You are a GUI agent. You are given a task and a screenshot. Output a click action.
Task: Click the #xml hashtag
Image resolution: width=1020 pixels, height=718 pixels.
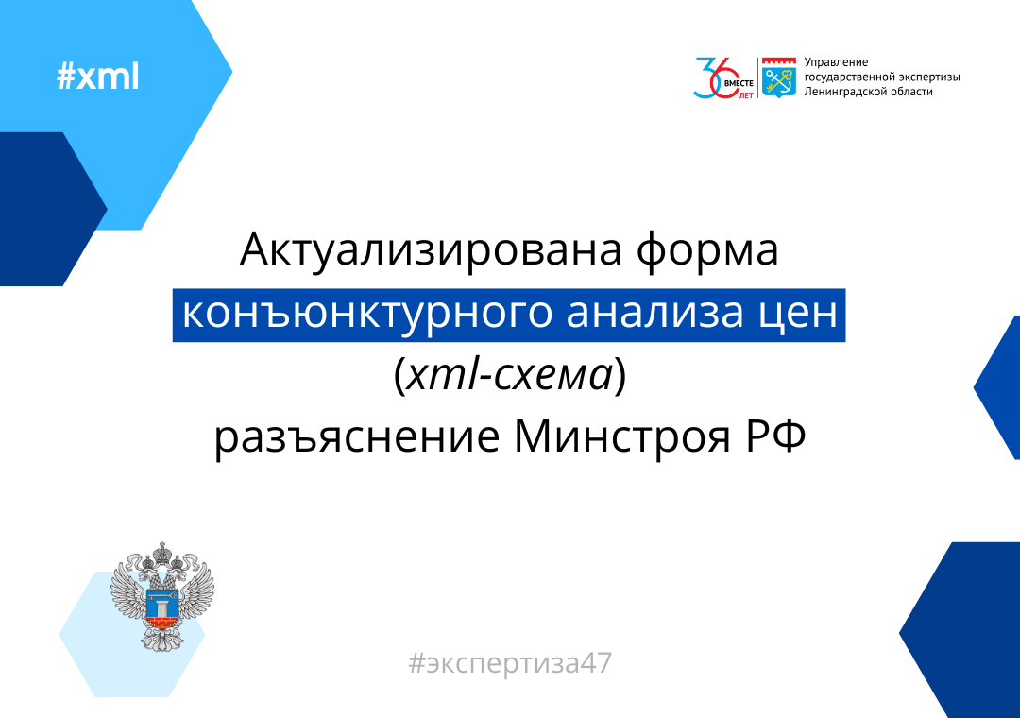coord(97,77)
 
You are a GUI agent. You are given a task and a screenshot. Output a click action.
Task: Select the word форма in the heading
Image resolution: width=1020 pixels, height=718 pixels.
coord(707,250)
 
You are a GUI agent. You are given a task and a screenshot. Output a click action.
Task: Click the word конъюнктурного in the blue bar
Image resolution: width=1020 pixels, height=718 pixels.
coord(365,314)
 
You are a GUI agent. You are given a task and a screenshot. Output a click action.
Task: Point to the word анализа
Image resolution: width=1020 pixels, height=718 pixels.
coord(654,313)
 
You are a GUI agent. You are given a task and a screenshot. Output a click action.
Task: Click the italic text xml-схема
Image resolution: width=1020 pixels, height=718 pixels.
coord(510,376)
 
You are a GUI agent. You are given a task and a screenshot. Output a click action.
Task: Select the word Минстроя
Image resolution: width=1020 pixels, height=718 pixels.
coord(621,437)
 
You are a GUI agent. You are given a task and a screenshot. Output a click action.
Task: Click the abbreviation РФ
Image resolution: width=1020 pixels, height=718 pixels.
coord(775,436)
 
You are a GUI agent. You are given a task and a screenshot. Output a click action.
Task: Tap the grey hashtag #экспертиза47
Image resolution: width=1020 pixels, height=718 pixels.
coord(510,663)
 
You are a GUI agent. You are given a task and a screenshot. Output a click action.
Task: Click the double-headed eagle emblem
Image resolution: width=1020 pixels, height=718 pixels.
coord(162,595)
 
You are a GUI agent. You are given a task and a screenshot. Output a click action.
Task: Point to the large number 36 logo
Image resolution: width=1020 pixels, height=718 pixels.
coord(716,78)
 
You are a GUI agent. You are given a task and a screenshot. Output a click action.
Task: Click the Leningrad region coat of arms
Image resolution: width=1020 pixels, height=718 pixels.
coord(778,77)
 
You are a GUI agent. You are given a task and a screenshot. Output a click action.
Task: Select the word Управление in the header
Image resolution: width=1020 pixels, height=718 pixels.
coord(836,62)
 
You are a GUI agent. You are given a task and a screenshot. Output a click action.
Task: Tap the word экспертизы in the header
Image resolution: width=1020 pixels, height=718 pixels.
coord(926,77)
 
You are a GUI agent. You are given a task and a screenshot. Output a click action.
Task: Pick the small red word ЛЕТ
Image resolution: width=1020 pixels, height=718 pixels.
coord(746,95)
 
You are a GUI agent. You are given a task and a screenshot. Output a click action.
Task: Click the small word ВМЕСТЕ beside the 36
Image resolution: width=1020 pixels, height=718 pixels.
coord(739,83)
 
